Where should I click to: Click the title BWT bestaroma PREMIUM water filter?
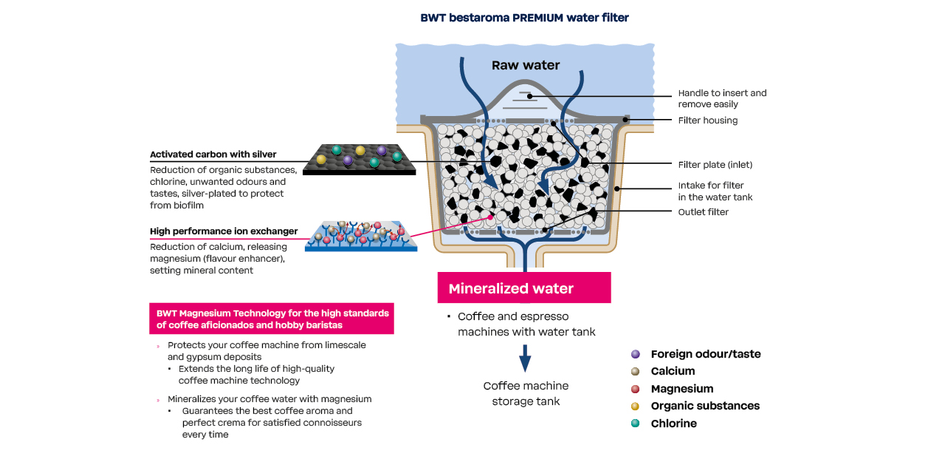pyautogui.click(x=524, y=18)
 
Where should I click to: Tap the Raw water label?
pyautogui.click(x=526, y=66)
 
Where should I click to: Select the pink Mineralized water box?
pyautogui.click(x=523, y=288)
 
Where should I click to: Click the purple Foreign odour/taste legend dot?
pyautogui.click(x=636, y=354)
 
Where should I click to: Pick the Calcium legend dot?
pyautogui.click(x=636, y=371)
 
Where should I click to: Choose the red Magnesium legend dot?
pyautogui.click(x=636, y=389)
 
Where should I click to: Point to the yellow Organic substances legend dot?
pyautogui.click(x=636, y=406)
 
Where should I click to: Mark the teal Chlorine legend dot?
pyautogui.click(x=636, y=423)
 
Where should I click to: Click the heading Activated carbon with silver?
pyautogui.click(x=213, y=154)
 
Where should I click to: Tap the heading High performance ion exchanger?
pyautogui.click(x=224, y=231)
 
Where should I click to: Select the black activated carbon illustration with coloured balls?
pyautogui.click(x=360, y=159)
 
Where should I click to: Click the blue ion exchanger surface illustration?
pyautogui.click(x=361, y=236)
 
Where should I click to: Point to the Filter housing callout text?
pyautogui.click(x=707, y=120)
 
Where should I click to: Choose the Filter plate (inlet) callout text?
pyautogui.click(x=715, y=165)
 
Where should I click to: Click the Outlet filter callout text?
pyautogui.click(x=703, y=212)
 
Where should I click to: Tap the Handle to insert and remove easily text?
pyautogui.click(x=722, y=99)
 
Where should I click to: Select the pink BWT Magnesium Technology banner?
pyautogui.click(x=272, y=319)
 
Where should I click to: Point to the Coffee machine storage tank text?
pyautogui.click(x=526, y=394)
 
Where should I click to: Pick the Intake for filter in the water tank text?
pyautogui.click(x=715, y=191)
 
